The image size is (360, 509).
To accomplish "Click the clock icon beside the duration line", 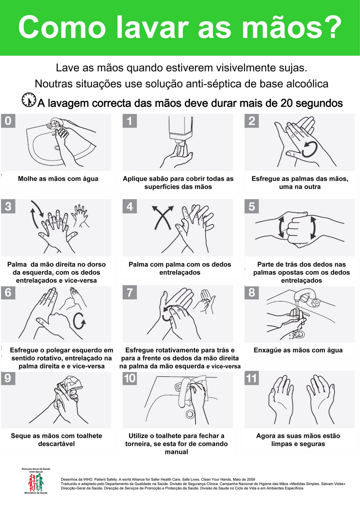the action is [x=29, y=100].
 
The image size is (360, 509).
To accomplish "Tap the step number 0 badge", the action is [x=8, y=121].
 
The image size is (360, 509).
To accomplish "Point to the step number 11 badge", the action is [x=251, y=378].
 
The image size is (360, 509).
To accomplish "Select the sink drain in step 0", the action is [x=57, y=148].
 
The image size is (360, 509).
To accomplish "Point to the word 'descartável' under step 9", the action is [x=56, y=443].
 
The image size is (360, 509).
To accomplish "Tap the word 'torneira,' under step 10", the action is [x=138, y=443].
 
